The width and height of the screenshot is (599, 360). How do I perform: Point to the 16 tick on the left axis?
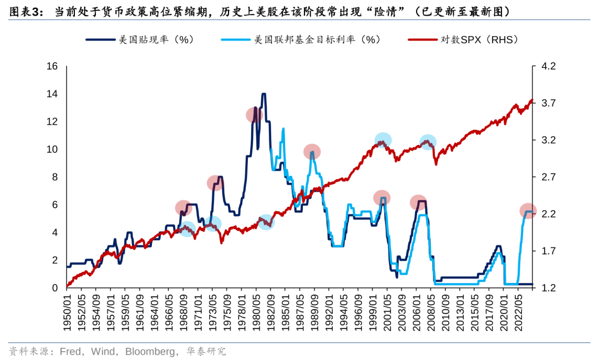[52, 67]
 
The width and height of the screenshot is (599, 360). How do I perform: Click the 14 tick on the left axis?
[52, 94]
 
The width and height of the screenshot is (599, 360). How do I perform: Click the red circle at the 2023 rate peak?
[529, 211]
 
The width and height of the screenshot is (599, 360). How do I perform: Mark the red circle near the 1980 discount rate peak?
[254, 115]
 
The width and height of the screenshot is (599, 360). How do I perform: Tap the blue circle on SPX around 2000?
[383, 140]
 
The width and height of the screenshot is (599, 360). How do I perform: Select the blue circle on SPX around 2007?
[428, 142]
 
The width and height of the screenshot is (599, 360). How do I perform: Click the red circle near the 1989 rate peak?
[312, 151]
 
